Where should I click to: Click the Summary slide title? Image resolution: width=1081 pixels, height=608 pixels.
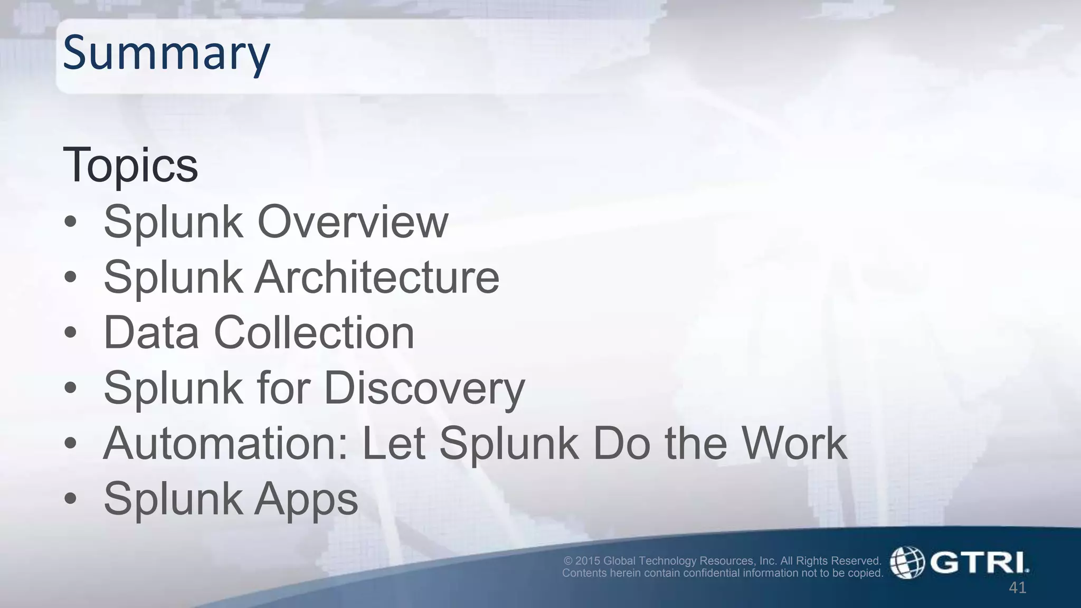(166, 53)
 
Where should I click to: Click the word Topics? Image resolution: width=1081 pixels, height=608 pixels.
(130, 165)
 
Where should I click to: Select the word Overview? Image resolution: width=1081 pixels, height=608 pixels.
(353, 222)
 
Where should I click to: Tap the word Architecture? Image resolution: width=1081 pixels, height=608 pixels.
(377, 277)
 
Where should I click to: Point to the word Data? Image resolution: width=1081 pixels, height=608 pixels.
(151, 332)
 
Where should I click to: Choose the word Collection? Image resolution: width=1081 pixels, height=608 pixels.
(314, 332)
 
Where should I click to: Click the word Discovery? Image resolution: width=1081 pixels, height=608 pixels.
(424, 388)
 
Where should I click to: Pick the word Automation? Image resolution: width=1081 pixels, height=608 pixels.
(225, 443)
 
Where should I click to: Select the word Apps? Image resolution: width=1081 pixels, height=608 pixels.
(306, 499)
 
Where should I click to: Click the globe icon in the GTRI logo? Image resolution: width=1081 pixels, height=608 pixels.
(907, 563)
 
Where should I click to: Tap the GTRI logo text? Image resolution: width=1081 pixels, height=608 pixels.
(979, 563)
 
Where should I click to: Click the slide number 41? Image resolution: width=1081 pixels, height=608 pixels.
(1017, 587)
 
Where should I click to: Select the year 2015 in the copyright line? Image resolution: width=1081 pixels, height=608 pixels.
(587, 560)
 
